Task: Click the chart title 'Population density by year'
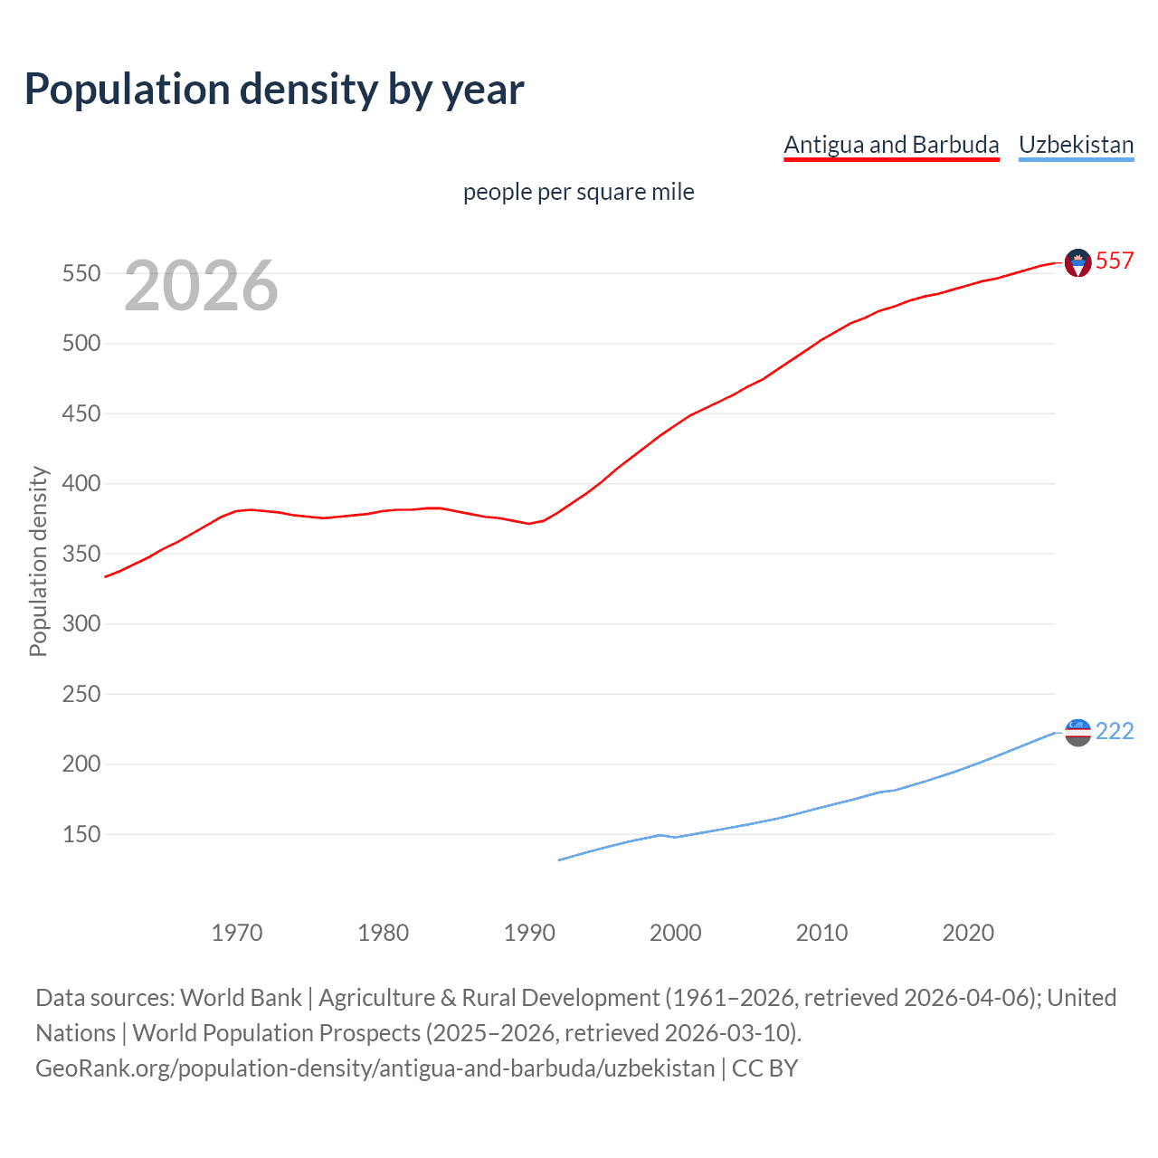[x=274, y=89]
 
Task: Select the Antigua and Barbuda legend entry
[x=891, y=145]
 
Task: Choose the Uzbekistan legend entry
[x=1076, y=145]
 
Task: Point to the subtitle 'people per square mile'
[x=578, y=192]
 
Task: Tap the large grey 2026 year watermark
[x=201, y=286]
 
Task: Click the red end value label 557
[x=1115, y=261]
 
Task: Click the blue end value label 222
[x=1115, y=731]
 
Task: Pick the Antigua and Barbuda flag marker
[x=1077, y=262]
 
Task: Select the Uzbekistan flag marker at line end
[x=1077, y=732]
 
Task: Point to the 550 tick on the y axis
[x=81, y=273]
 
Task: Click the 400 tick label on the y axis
[x=81, y=484]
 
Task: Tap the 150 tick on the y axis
[x=81, y=834]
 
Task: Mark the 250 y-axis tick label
[x=81, y=694]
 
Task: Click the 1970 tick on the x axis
[x=237, y=933]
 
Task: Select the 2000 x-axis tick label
[x=676, y=933]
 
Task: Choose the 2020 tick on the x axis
[x=968, y=933]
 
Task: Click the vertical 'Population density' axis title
[x=38, y=561]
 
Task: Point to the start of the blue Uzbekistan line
[x=560, y=859]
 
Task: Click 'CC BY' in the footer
[x=764, y=1068]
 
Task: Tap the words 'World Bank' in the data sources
[x=241, y=998]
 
